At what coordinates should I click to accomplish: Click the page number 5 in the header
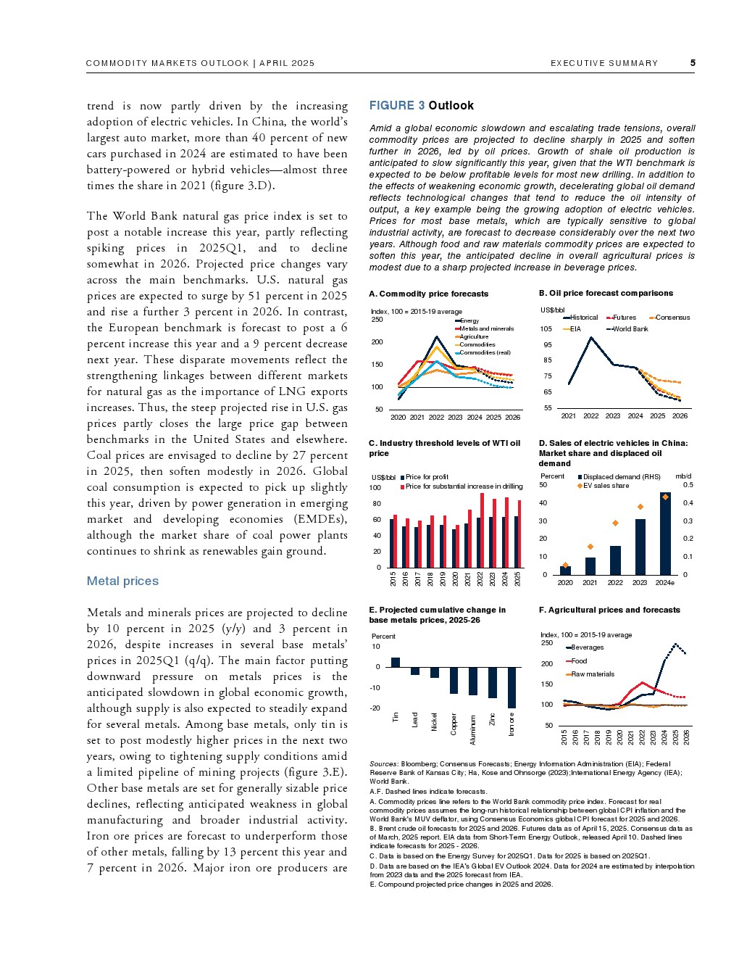tap(693, 63)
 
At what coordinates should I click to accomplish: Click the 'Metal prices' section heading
tap(122, 581)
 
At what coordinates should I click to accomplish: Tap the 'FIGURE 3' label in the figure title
tap(397, 106)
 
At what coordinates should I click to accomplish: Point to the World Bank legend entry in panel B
tap(630, 329)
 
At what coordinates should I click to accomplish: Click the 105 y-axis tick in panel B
tap(546, 329)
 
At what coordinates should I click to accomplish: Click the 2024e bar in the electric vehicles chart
tap(665, 534)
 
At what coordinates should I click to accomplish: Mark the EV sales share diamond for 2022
tap(615, 523)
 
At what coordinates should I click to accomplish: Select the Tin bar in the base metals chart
tap(396, 662)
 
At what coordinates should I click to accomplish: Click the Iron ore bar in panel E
tap(512, 687)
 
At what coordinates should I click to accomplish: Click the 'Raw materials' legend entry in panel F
tap(592, 674)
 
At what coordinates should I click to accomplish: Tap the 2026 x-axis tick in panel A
tap(513, 418)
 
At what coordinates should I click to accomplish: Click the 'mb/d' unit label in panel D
tap(683, 476)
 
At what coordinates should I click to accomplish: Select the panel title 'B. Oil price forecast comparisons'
tap(606, 294)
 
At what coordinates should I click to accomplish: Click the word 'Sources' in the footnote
tap(383, 764)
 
